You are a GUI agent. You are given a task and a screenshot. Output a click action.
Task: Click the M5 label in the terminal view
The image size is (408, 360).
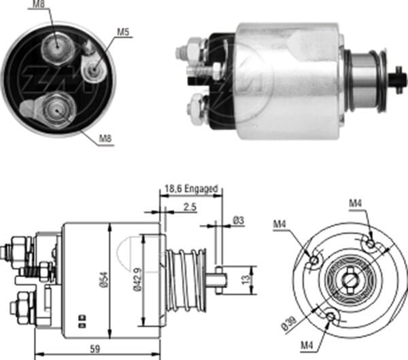pyautogui.click(x=122, y=31)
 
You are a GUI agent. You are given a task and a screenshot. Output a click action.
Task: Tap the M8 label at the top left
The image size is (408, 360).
pyautogui.click(x=40, y=5)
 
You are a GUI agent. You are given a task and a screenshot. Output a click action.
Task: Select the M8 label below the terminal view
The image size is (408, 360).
pyautogui.click(x=106, y=139)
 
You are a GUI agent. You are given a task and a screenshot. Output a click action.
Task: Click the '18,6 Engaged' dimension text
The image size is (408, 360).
pyautogui.click(x=190, y=188)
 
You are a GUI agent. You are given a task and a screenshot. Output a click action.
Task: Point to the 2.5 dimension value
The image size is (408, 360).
pyautogui.click(x=190, y=208)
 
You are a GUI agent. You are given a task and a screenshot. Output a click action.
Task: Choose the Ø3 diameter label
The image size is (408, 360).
pyautogui.click(x=239, y=219)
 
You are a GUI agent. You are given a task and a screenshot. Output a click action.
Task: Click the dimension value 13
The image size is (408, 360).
pyautogui.click(x=249, y=278)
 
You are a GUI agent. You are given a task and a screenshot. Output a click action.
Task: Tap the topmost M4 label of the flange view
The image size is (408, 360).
pyautogui.click(x=356, y=202)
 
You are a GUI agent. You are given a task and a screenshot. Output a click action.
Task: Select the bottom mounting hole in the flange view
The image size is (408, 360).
pyautogui.click(x=330, y=317)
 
